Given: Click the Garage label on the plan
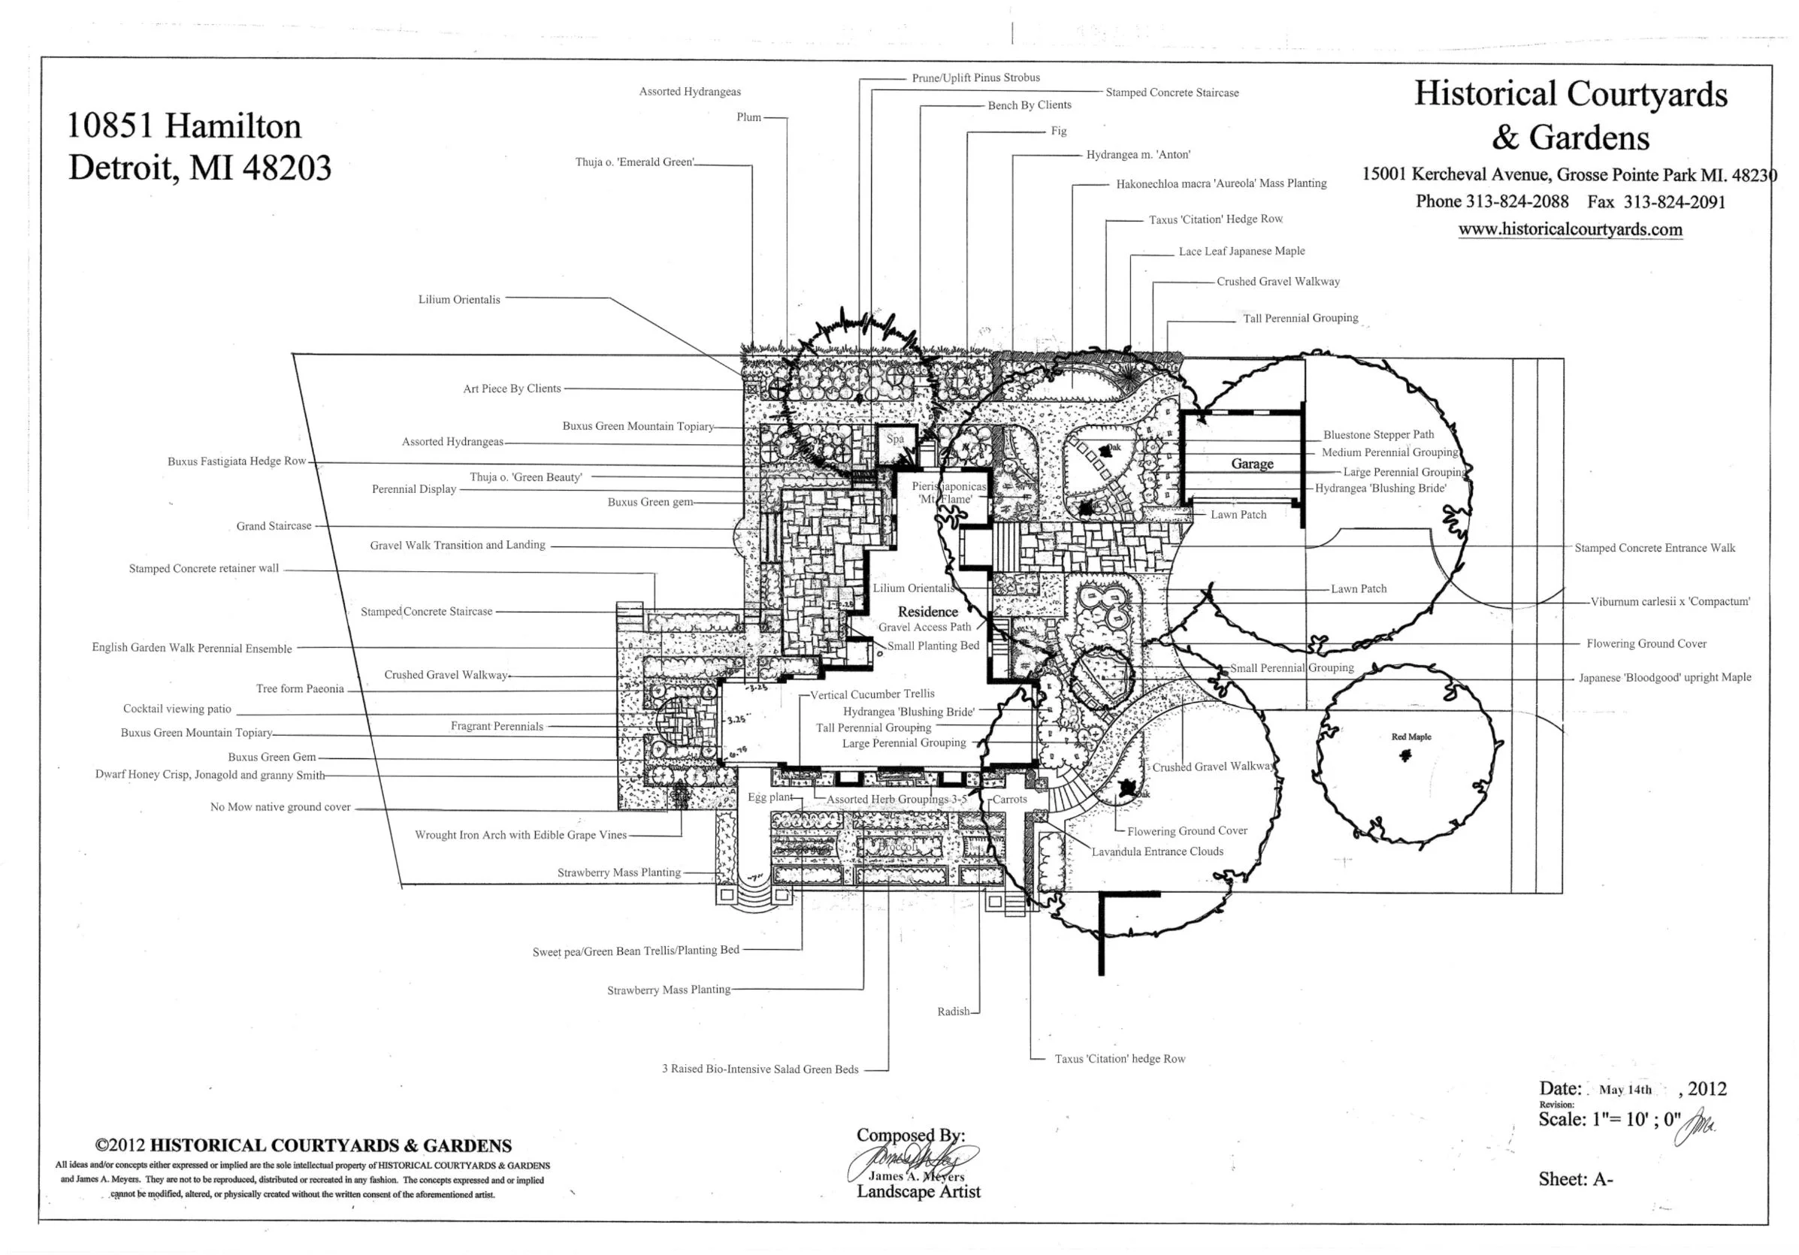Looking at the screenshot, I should click(x=1252, y=464).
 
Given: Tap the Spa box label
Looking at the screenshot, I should click(x=895, y=439).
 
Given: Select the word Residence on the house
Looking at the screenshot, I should click(x=928, y=612).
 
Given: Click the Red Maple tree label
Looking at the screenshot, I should click(x=1411, y=737).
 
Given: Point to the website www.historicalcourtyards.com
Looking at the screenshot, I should click(x=1571, y=229).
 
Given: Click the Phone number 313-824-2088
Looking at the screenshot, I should click(x=1517, y=201).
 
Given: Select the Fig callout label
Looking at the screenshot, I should click(x=1059, y=131).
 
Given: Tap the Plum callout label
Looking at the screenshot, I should click(x=748, y=117).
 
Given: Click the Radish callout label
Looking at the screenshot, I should click(x=954, y=1012).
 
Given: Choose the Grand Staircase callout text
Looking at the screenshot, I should click(x=274, y=525).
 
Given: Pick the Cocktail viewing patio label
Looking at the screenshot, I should click(x=177, y=709).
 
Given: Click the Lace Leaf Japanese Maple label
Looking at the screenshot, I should click(x=1241, y=252).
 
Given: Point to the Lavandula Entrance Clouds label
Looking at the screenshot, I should click(x=1157, y=851).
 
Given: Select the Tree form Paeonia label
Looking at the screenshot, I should click(x=300, y=688).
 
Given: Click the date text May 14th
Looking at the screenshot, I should click(x=1625, y=1090).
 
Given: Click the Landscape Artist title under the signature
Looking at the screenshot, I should click(x=918, y=1192).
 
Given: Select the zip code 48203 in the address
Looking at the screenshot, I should click(x=287, y=168).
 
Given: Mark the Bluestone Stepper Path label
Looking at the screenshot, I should click(x=1378, y=435).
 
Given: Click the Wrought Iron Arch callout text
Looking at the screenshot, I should click(x=520, y=835).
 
